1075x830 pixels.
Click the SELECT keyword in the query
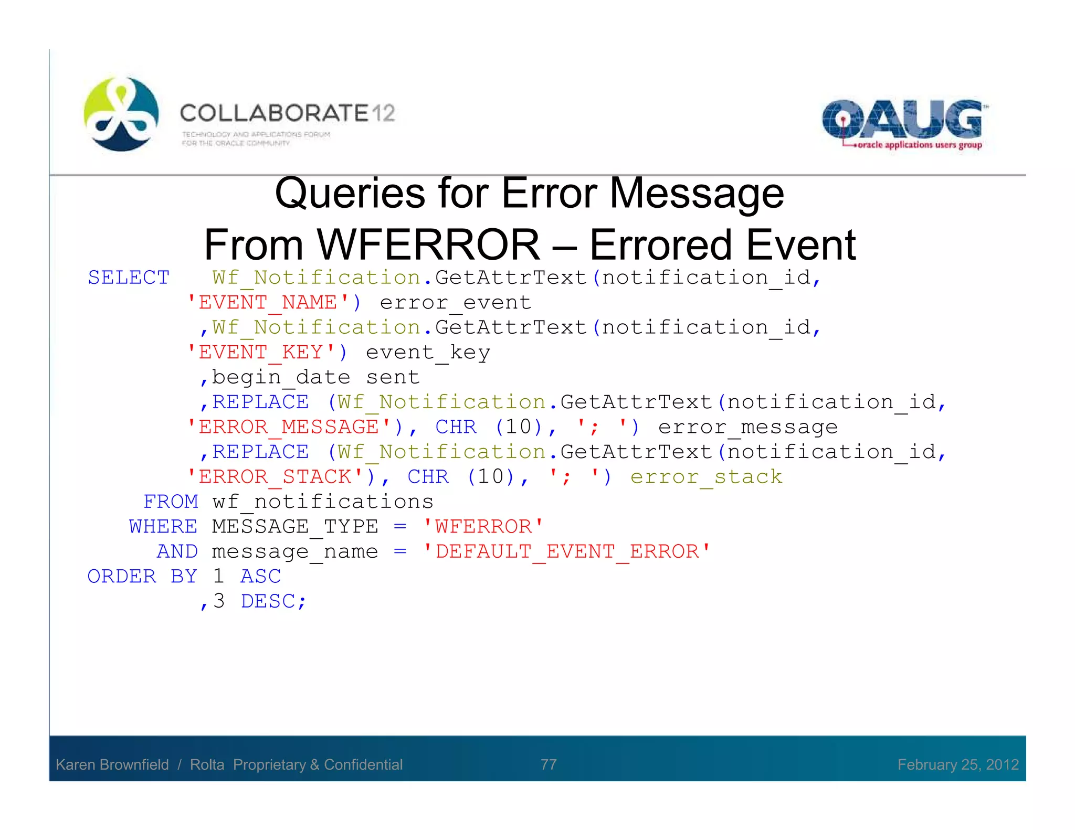[x=129, y=278]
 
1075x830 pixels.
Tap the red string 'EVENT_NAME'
[x=268, y=303]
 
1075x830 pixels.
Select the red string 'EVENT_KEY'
[x=261, y=353]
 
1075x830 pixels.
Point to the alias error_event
[x=455, y=303]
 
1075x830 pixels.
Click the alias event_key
[x=428, y=353]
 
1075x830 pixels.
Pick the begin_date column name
[x=281, y=377]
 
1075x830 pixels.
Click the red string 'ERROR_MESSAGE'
[x=288, y=427]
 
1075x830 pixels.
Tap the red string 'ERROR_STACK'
[x=275, y=477]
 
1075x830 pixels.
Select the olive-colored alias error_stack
[x=706, y=477]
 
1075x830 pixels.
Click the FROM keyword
[x=171, y=502]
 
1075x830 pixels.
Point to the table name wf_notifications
[x=323, y=502]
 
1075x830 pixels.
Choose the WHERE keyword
[x=163, y=526]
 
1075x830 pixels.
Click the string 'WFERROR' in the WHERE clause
[x=483, y=526]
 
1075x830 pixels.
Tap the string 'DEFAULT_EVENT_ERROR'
[x=567, y=551]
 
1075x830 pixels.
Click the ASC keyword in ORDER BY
[x=261, y=576]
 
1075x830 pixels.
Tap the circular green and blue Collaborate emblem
[x=121, y=114]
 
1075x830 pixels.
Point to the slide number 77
[x=549, y=764]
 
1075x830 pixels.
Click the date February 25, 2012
[x=958, y=764]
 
